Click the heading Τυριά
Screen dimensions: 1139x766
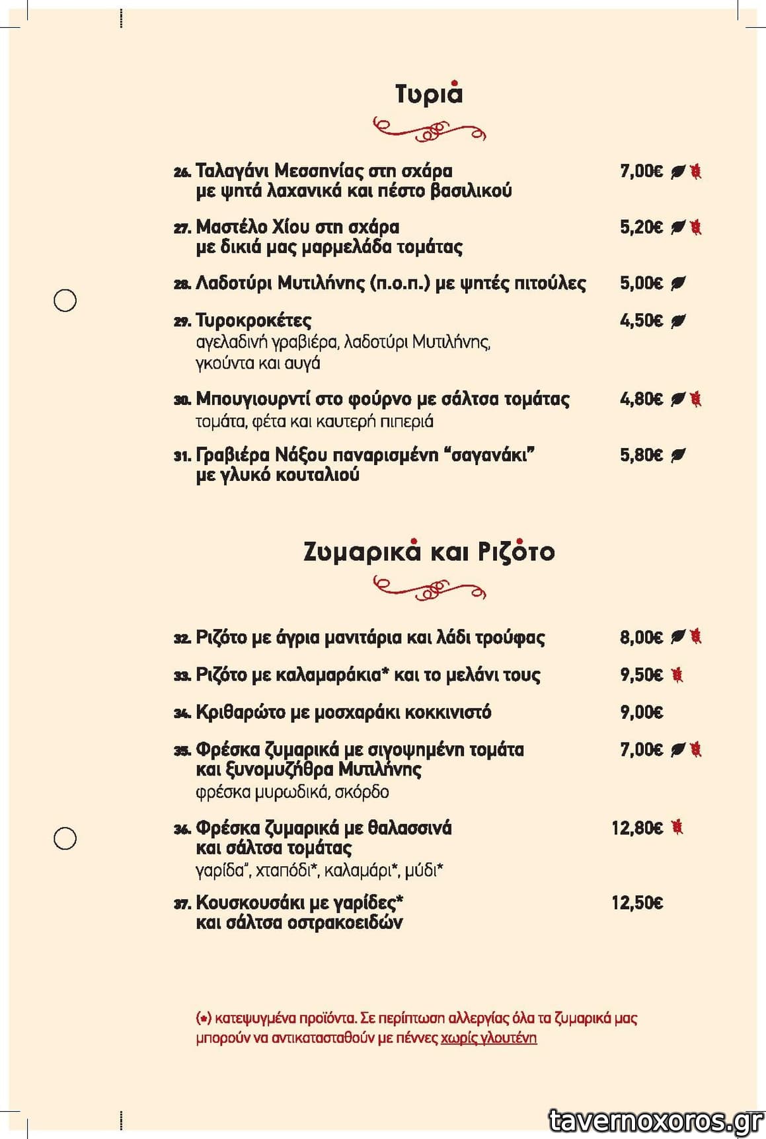click(x=429, y=94)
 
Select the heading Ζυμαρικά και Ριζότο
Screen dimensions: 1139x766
click(x=429, y=552)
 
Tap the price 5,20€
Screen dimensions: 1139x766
click(x=641, y=227)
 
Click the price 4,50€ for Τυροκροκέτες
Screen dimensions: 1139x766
click(x=641, y=321)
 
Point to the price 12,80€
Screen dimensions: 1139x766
click(x=637, y=828)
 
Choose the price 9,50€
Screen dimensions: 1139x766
click(x=641, y=675)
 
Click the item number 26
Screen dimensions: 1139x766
click(x=182, y=172)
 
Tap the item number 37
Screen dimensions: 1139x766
click(x=182, y=904)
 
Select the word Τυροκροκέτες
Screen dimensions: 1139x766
click(x=254, y=321)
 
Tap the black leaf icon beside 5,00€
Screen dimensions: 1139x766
click(x=678, y=283)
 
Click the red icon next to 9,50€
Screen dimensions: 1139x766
click(x=677, y=675)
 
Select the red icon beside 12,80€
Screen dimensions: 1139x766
click(x=677, y=827)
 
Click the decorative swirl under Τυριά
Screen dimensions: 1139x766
click(x=429, y=129)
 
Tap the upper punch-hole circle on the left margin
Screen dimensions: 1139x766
click(x=65, y=301)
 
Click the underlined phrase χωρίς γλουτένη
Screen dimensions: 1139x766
click(x=488, y=1038)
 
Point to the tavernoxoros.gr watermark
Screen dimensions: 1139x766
click(x=656, y=1121)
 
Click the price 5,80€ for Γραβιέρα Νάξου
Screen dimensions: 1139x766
click(x=641, y=455)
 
